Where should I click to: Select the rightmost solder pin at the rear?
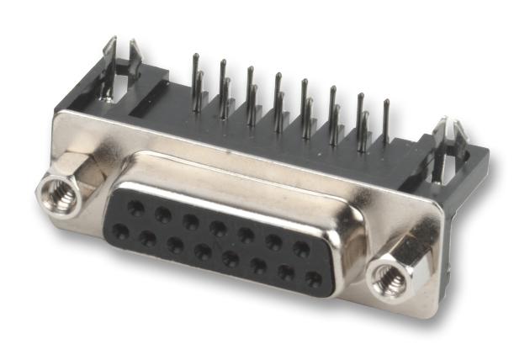coord(386,118)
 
